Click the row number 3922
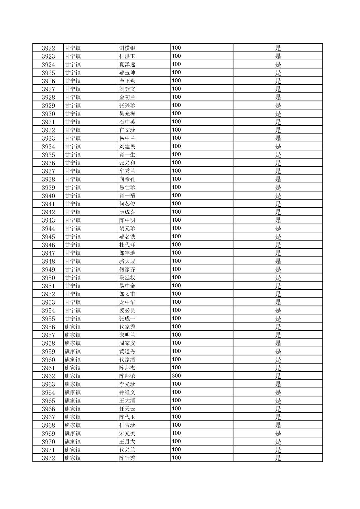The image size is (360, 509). coord(48,48)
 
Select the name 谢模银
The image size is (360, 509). coord(127,48)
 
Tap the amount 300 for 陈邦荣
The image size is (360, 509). coord(176,376)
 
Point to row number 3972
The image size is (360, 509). coord(48,458)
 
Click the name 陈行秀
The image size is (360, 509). coord(127,458)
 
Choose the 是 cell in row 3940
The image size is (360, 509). coord(278,196)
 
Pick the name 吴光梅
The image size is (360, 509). coord(127,114)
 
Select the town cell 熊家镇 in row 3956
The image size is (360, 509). coord(73,327)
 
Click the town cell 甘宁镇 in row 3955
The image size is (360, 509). coord(73,318)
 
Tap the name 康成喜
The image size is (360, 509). coord(127,212)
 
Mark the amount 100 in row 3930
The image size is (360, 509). coord(176,114)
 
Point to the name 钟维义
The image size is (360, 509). coord(127,392)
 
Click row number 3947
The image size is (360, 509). coord(48,253)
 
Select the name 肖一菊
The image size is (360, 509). coord(127,196)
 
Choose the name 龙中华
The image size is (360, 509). coord(127,302)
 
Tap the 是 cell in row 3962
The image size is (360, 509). coord(278,376)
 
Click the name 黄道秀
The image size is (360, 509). coord(127,351)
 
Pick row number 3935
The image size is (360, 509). coord(48,155)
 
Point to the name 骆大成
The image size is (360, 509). coord(127,261)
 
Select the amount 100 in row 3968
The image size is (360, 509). coord(176,425)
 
